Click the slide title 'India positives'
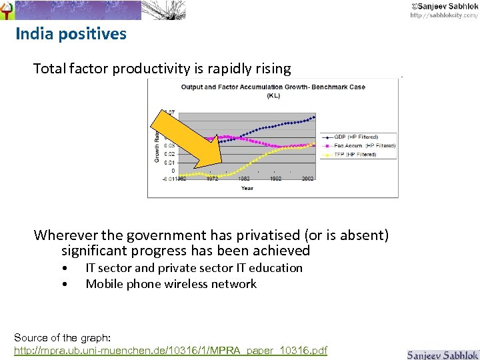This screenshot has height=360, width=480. [71, 34]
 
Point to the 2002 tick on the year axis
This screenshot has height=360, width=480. [308, 179]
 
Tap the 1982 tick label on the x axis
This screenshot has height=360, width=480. [244, 179]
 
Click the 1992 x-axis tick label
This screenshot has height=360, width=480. [276, 179]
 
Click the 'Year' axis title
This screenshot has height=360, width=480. [247, 188]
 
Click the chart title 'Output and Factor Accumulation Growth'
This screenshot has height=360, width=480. [273, 87]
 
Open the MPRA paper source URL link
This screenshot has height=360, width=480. [171, 350]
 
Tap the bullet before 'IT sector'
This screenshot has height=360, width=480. [63, 268]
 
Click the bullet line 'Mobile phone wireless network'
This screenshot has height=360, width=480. [171, 284]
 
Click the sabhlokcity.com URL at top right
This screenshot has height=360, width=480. [443, 15]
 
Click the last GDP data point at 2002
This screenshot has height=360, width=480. [314, 117]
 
